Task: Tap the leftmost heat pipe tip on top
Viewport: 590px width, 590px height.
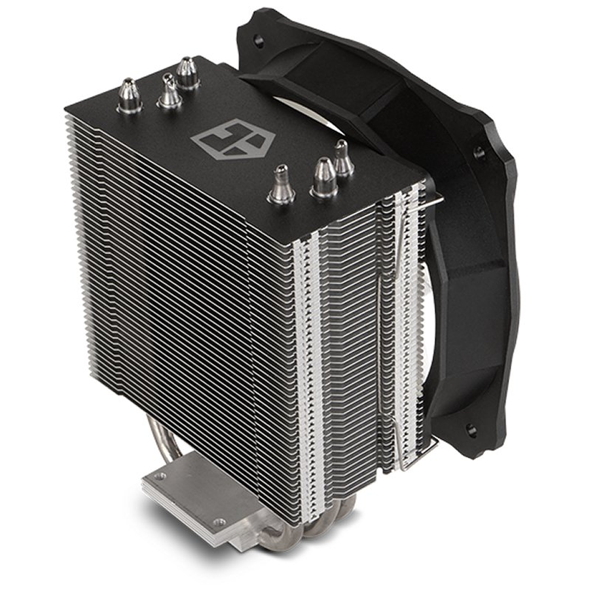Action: (x=130, y=96)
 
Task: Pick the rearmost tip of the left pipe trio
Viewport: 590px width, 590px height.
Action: (x=188, y=73)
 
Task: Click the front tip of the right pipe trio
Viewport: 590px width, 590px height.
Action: (x=282, y=185)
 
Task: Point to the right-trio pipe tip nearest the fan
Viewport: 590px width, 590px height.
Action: (x=342, y=159)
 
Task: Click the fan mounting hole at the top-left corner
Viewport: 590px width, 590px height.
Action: (x=259, y=40)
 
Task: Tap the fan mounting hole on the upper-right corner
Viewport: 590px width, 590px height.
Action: (x=479, y=153)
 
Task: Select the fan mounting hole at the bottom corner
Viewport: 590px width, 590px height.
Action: (x=471, y=430)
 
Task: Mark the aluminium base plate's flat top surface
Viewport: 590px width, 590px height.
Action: (x=191, y=492)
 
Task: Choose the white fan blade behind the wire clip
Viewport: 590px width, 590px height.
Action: (x=429, y=306)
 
